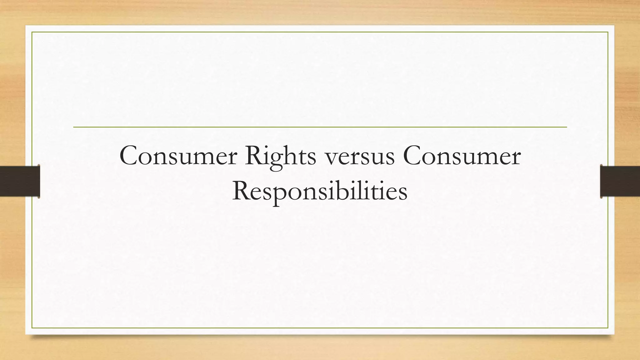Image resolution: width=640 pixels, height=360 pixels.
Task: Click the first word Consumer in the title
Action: pos(178,156)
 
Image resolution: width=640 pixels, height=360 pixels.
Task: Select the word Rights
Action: pos(280,156)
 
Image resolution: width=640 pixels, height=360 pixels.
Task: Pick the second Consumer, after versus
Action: pos(462,156)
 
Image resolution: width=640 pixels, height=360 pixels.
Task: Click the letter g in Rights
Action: pos(277,160)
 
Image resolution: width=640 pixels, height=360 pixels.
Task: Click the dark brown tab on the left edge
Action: pos(20,181)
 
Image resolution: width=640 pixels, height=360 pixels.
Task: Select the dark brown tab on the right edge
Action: pos(620,181)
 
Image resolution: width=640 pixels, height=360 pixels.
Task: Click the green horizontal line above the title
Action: pos(320,127)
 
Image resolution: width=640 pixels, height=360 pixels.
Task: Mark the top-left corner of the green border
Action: pos(32,32)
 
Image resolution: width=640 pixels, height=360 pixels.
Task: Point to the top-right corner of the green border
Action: pos(608,32)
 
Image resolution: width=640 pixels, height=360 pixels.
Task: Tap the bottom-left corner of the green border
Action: pos(32,328)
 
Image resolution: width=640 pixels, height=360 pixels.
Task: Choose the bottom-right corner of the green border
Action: pos(608,328)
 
